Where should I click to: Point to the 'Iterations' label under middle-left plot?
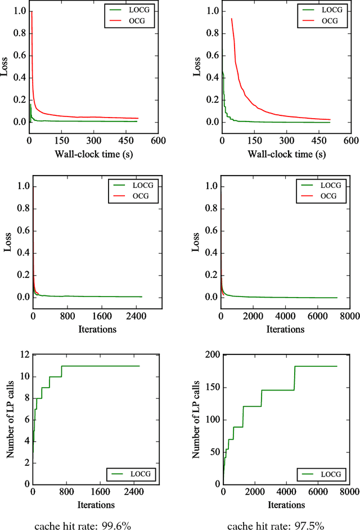tap(86, 329)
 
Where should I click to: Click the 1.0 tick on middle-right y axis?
tap(213, 187)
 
